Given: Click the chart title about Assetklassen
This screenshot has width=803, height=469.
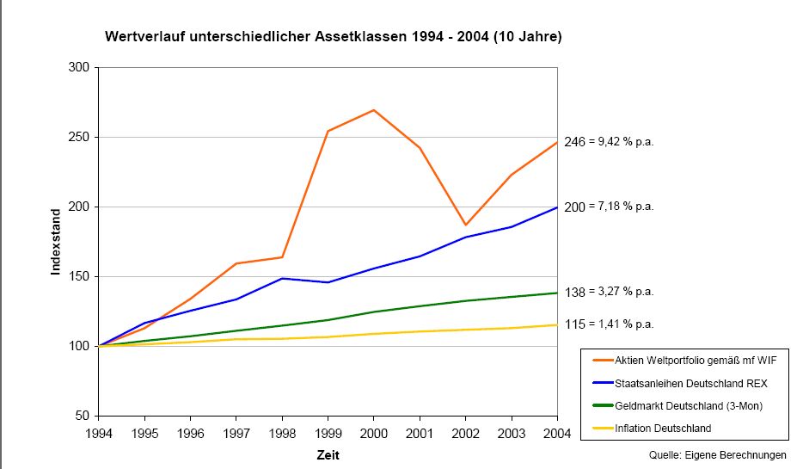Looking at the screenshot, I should [x=334, y=38].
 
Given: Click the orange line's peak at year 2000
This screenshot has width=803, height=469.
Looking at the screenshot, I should [x=374, y=110].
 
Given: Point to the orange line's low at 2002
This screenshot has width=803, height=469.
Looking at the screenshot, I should [x=466, y=225].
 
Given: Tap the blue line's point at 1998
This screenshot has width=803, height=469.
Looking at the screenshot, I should [x=282, y=278].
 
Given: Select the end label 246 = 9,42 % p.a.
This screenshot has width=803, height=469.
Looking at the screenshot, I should [x=609, y=143].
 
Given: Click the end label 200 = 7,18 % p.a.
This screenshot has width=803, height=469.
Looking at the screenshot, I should [x=609, y=207].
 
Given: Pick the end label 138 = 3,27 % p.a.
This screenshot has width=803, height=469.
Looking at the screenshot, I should [x=609, y=292].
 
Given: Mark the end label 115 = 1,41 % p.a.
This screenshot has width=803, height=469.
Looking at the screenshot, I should [x=609, y=324].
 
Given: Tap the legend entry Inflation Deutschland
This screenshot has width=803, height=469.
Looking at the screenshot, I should [x=663, y=428].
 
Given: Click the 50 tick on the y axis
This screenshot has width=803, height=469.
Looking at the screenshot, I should [x=84, y=417].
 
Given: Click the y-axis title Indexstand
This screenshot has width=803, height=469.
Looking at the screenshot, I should [x=56, y=241].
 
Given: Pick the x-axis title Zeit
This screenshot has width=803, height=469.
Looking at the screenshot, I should [x=328, y=454].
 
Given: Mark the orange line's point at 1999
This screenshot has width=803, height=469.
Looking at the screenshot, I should [x=328, y=131].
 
